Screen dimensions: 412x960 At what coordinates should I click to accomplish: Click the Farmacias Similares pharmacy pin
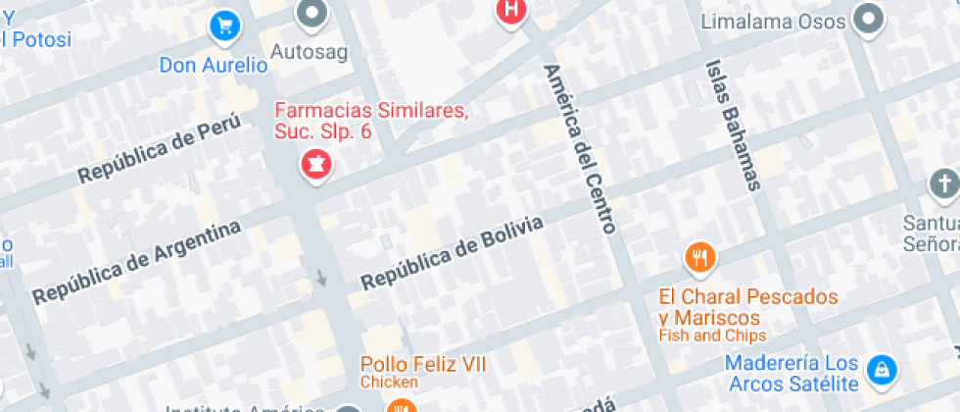tap(315, 164)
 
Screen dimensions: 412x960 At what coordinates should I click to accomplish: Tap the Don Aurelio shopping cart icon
tap(226, 26)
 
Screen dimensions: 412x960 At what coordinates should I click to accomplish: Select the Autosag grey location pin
tap(313, 14)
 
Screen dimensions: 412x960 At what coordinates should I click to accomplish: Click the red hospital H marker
tap(510, 10)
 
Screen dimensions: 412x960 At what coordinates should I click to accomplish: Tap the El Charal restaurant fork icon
tap(698, 258)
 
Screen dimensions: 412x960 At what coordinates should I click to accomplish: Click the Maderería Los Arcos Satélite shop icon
tap(882, 370)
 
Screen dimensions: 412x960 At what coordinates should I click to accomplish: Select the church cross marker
tap(943, 183)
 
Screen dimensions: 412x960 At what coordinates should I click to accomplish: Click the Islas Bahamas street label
tap(733, 123)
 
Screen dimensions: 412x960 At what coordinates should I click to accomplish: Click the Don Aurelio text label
tap(214, 66)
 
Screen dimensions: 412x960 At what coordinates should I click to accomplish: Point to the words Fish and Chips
tap(712, 335)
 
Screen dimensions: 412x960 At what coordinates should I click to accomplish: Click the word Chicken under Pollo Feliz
tap(389, 382)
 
